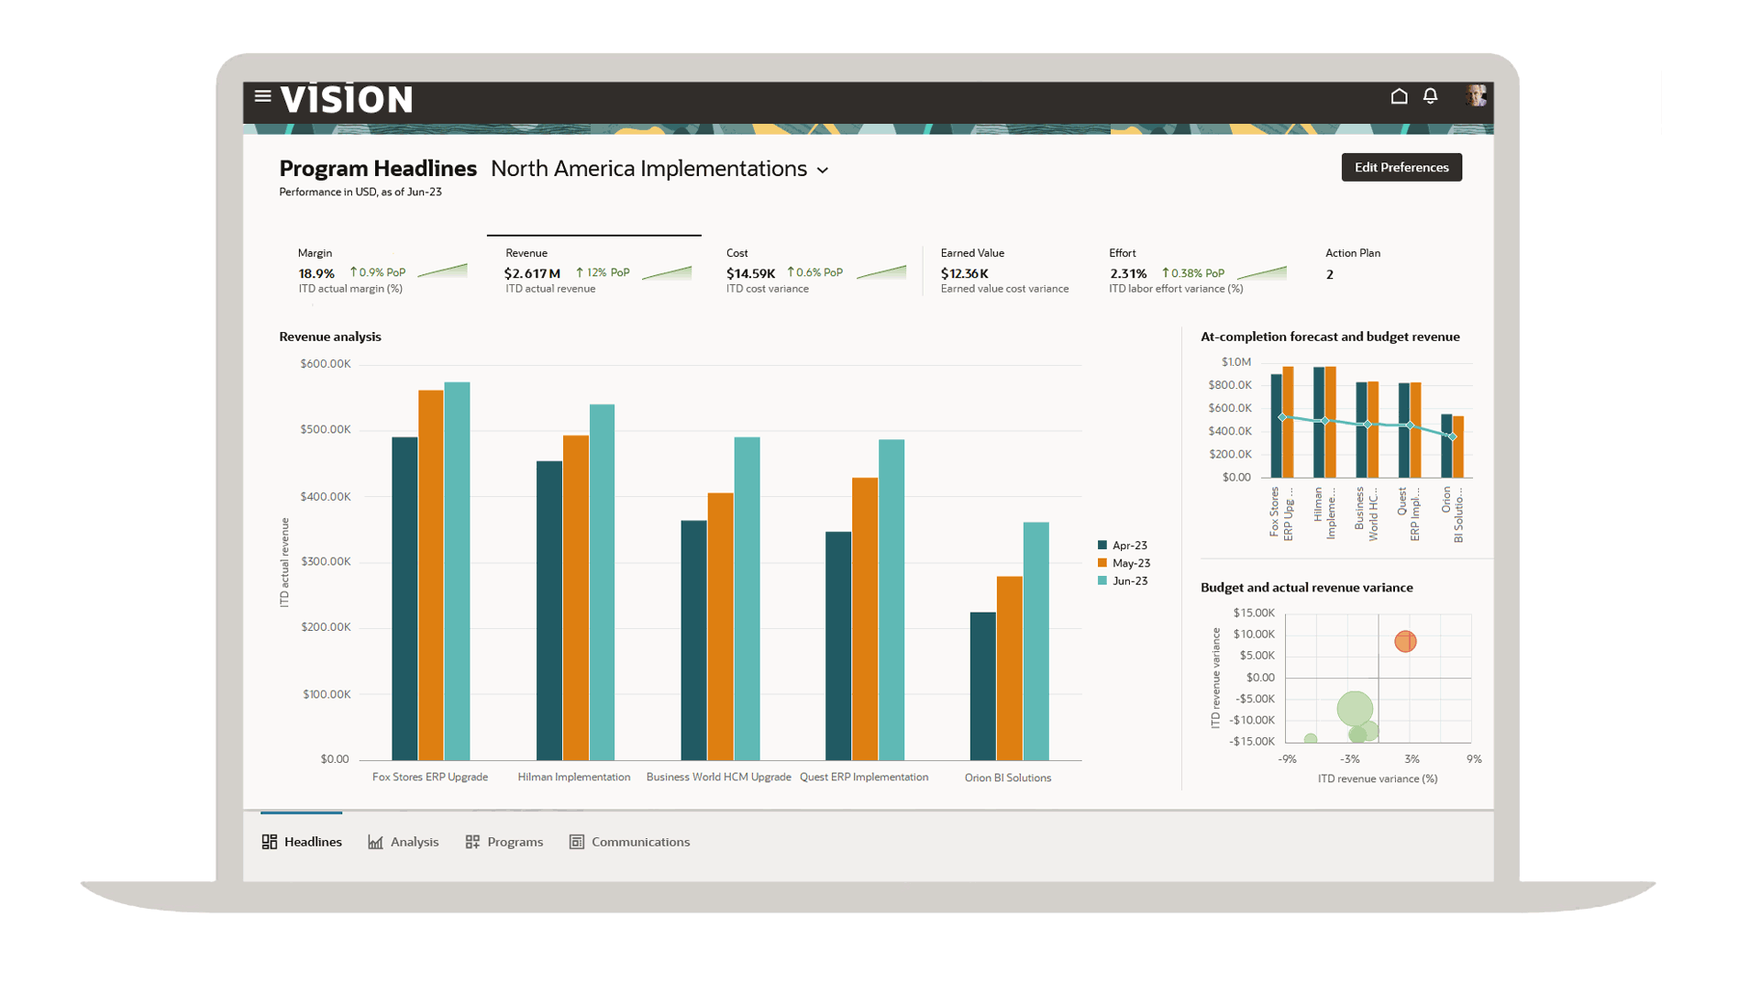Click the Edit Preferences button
1401,167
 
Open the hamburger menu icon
262,96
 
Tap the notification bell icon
1430,96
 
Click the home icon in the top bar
1399,96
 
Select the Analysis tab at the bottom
404,842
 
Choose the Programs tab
504,842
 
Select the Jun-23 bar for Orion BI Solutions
1036,642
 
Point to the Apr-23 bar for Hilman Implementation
548,611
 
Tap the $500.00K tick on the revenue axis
326,430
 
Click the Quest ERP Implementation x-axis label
863,778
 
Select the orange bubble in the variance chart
1405,641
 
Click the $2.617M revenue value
532,273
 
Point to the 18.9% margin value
316,273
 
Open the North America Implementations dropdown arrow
823,171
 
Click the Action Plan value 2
1330,274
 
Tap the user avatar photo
1475,96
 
